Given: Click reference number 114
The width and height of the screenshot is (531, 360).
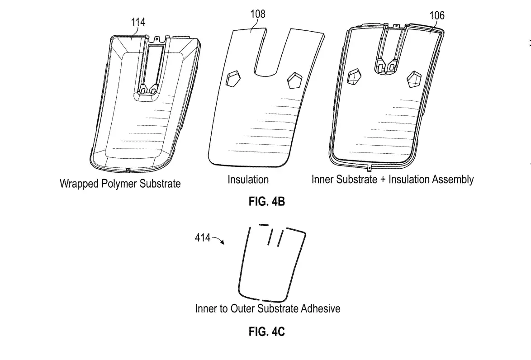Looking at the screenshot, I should [x=138, y=21].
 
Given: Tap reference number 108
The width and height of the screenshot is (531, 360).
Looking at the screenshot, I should [x=258, y=14].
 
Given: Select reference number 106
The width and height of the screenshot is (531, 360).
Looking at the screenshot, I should [x=437, y=16].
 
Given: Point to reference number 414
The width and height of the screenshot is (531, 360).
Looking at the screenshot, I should [x=203, y=237].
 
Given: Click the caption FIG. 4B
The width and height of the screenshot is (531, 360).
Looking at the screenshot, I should [x=267, y=202].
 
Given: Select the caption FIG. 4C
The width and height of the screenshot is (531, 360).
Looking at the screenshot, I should [x=267, y=332].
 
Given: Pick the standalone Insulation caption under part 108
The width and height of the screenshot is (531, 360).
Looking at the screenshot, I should [x=248, y=180].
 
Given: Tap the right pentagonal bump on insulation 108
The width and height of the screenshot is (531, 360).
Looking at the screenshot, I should [x=294, y=80].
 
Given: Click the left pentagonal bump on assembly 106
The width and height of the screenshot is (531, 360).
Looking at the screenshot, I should [x=354, y=77].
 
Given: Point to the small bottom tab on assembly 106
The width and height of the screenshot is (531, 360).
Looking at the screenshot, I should [x=369, y=168].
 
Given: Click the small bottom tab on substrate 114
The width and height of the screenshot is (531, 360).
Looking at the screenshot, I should [x=128, y=171].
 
